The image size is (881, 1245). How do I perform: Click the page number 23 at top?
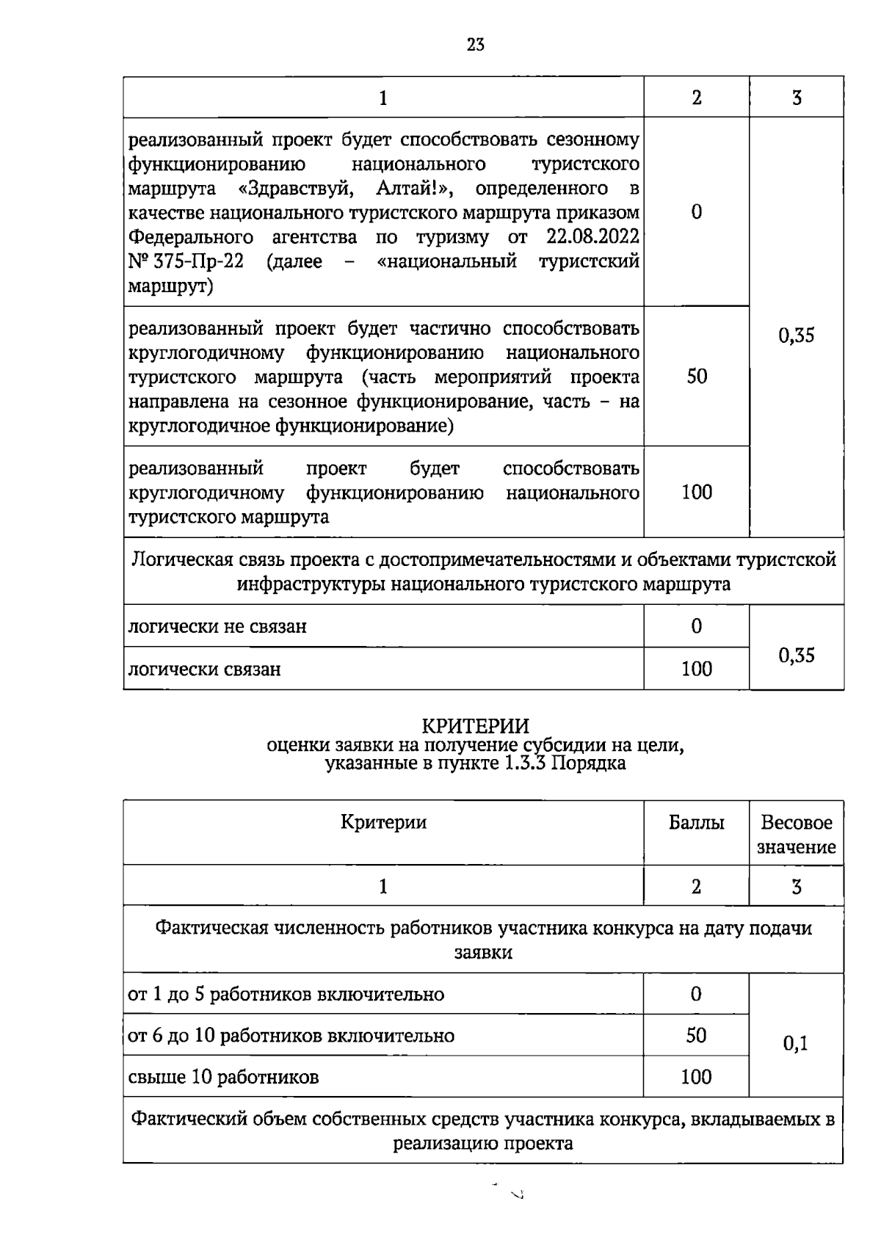(x=475, y=45)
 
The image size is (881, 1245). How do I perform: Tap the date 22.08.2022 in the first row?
(x=592, y=237)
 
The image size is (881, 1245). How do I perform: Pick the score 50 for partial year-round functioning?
(x=696, y=377)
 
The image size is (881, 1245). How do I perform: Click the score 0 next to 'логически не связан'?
(x=696, y=626)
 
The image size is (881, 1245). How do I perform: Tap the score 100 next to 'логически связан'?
(x=696, y=669)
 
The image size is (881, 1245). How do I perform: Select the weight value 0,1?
(x=795, y=1043)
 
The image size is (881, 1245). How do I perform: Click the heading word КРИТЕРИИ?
(x=475, y=726)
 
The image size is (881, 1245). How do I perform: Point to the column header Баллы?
(x=696, y=823)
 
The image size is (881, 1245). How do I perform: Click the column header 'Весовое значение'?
(x=796, y=835)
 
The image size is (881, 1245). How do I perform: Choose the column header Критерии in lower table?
(x=383, y=822)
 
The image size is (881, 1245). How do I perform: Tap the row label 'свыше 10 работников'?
(x=223, y=1078)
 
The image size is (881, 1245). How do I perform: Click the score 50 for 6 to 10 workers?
(x=696, y=1036)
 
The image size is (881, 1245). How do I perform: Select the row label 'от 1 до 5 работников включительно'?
(x=286, y=995)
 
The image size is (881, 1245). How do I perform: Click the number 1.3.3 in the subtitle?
(x=523, y=763)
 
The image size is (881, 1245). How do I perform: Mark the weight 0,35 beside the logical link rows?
(x=796, y=655)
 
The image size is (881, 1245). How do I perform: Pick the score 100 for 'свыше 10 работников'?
(x=696, y=1077)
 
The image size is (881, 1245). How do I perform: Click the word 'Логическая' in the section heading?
(x=183, y=560)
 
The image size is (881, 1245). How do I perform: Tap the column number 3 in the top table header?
(x=796, y=98)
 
